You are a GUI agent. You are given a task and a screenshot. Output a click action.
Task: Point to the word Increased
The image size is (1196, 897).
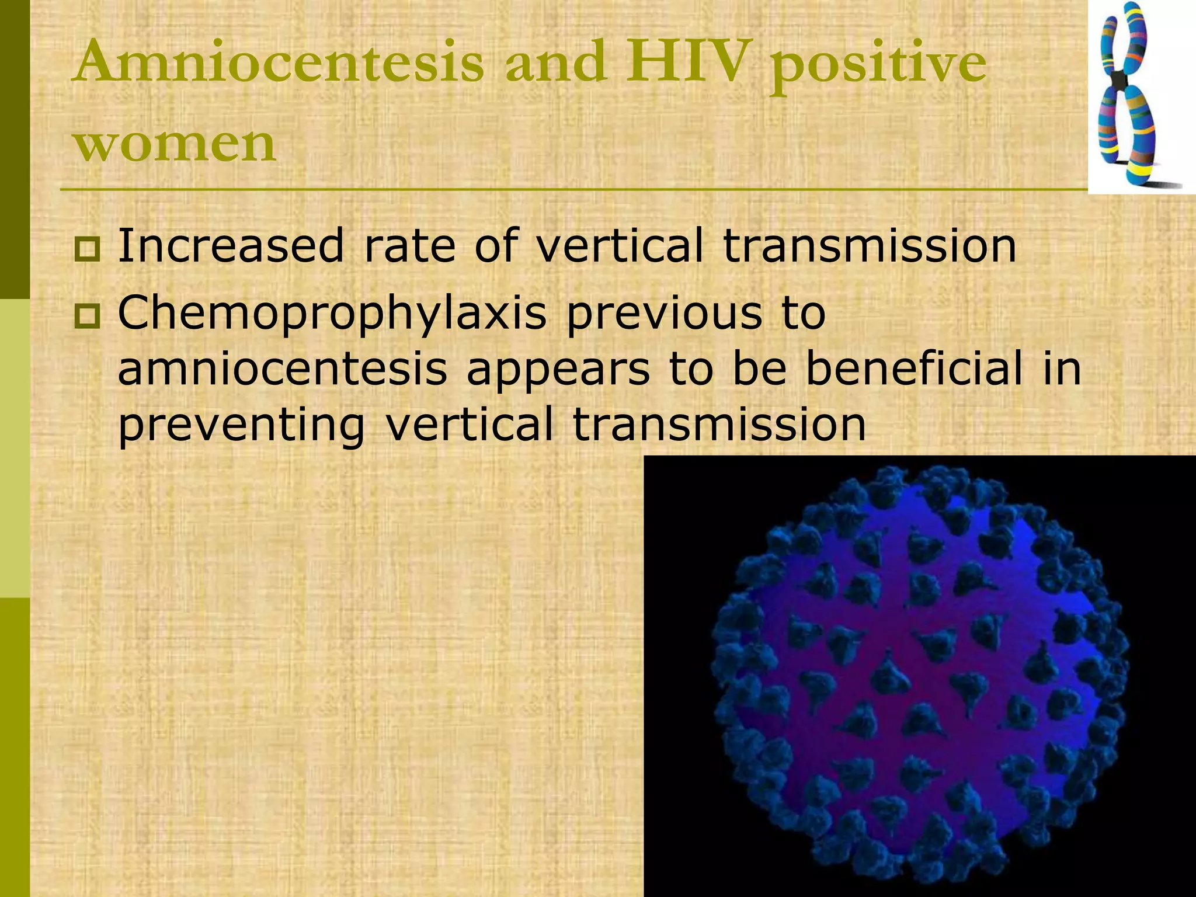[231, 246]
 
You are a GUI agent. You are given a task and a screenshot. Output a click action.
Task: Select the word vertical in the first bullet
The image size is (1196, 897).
[620, 246]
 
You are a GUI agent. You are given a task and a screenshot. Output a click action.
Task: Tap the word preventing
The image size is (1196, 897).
[241, 425]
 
